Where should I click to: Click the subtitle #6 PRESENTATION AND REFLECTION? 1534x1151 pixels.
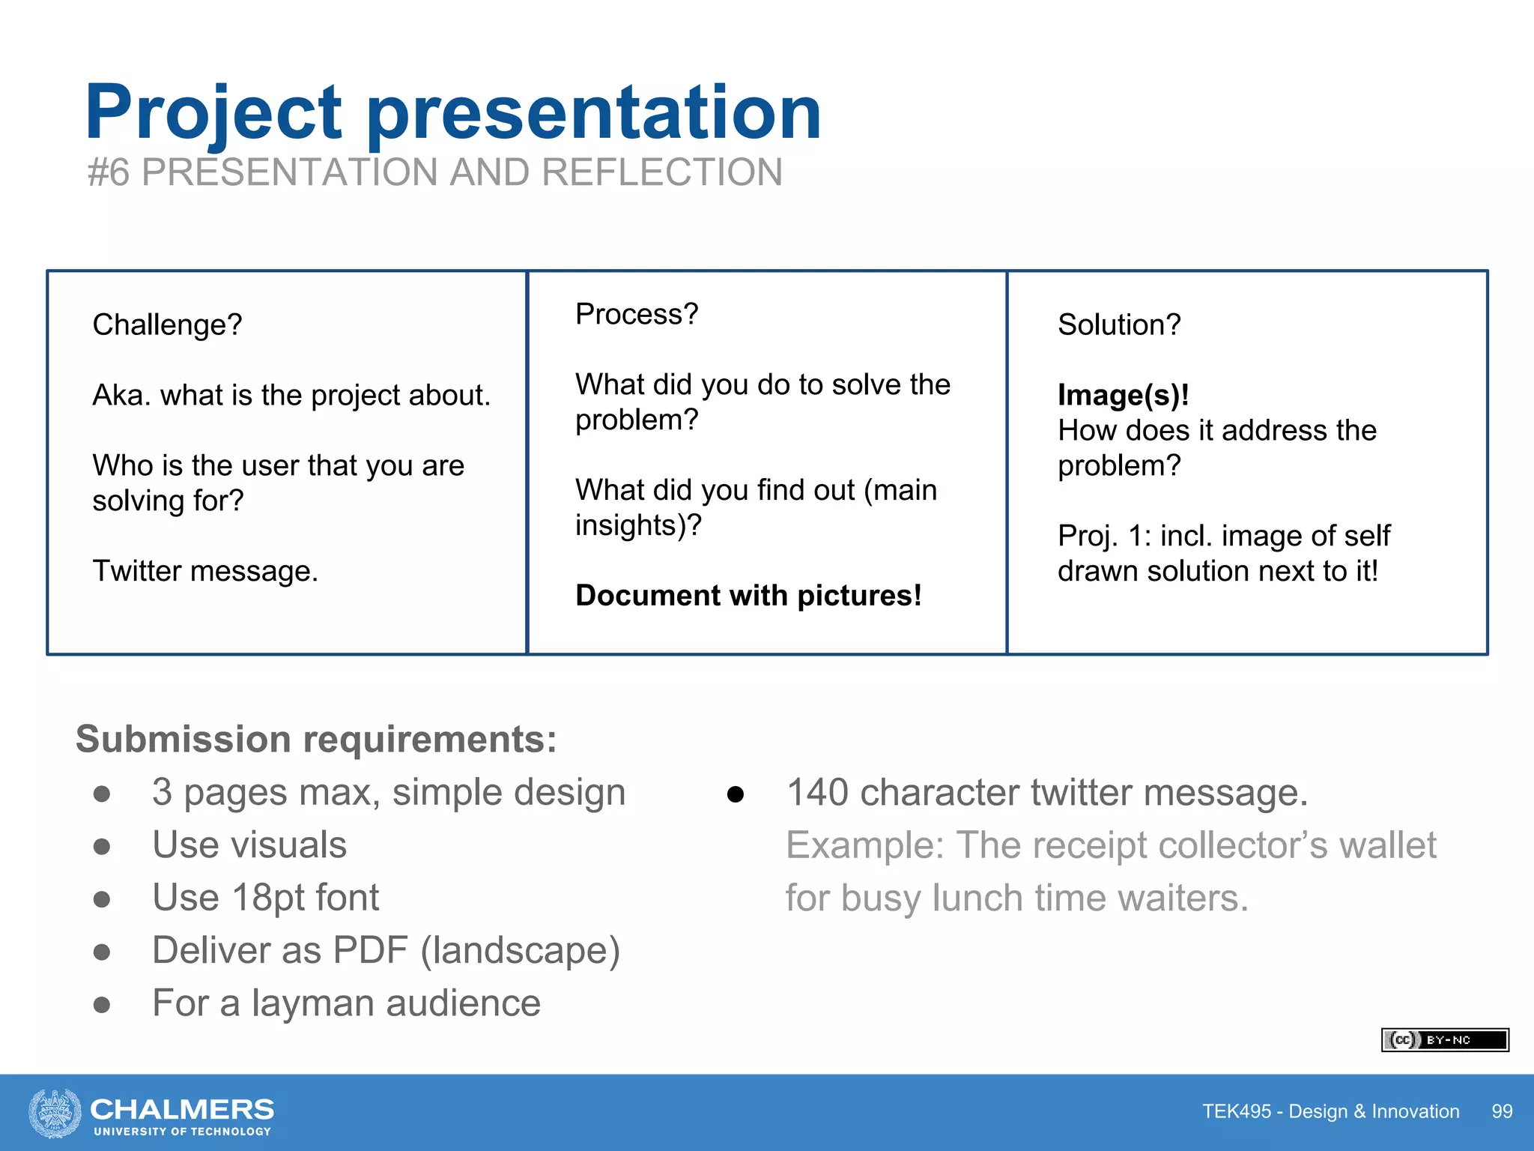(434, 172)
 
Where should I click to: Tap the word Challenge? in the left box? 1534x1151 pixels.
(167, 325)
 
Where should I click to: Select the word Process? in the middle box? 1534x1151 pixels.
(637, 314)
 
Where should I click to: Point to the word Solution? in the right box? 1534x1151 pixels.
(1119, 325)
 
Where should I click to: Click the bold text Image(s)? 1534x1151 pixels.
(1123, 395)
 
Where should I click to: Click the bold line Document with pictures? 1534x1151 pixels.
(748, 596)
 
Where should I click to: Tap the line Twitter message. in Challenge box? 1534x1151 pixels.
(205, 571)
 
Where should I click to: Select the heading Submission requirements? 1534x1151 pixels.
(316, 740)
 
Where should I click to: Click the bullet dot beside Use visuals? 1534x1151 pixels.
(102, 846)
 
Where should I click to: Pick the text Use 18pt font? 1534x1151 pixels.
(265, 898)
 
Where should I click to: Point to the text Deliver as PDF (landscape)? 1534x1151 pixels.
(386, 950)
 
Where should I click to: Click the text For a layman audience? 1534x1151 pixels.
(346, 1003)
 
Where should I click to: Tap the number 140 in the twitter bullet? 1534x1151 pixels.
(817, 793)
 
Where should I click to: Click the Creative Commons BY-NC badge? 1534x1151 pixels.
(1444, 1040)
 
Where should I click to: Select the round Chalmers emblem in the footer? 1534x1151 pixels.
(55, 1113)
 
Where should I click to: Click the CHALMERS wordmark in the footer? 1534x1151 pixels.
(182, 1109)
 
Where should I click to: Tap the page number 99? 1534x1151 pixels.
(1502, 1111)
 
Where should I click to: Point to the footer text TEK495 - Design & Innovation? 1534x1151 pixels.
(1330, 1111)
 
